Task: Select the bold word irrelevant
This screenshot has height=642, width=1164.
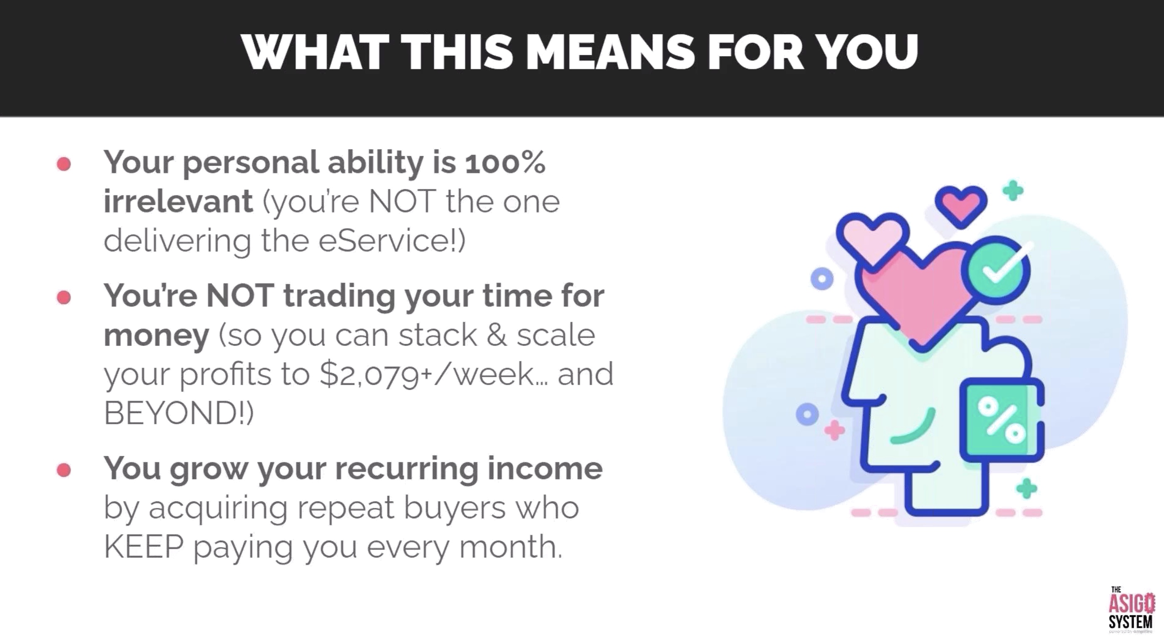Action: tap(178, 201)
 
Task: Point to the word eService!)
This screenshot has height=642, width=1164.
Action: tap(392, 241)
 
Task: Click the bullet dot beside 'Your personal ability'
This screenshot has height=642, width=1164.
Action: tap(64, 164)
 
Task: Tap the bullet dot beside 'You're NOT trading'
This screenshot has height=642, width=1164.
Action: tap(64, 297)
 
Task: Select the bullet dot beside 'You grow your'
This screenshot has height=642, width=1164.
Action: tap(64, 470)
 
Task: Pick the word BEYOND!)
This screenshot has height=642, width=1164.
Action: tap(179, 413)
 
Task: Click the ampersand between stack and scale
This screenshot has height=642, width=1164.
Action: tap(497, 335)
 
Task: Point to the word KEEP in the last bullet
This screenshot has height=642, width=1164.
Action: tap(144, 547)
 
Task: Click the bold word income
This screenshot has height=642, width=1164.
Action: tap(545, 468)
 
